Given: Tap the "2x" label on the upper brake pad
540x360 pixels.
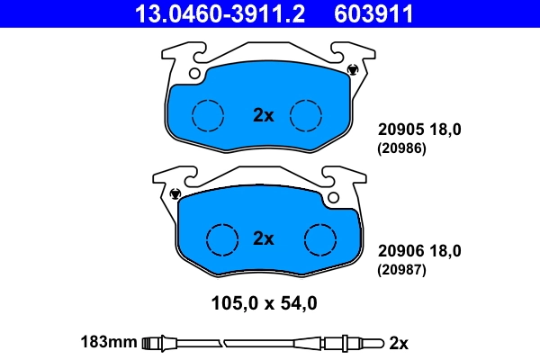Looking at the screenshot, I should pos(262,114).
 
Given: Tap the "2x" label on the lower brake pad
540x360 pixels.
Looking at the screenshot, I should pos(262,238).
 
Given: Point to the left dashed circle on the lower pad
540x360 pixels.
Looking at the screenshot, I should pos(221,238).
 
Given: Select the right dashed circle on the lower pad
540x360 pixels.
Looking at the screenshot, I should pos(319,238).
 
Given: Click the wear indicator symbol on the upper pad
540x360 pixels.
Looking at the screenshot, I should pos(352,70).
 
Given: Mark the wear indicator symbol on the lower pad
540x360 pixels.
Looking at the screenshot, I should pos(175,193).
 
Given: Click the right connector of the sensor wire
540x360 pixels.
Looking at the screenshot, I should pos(346,342).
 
